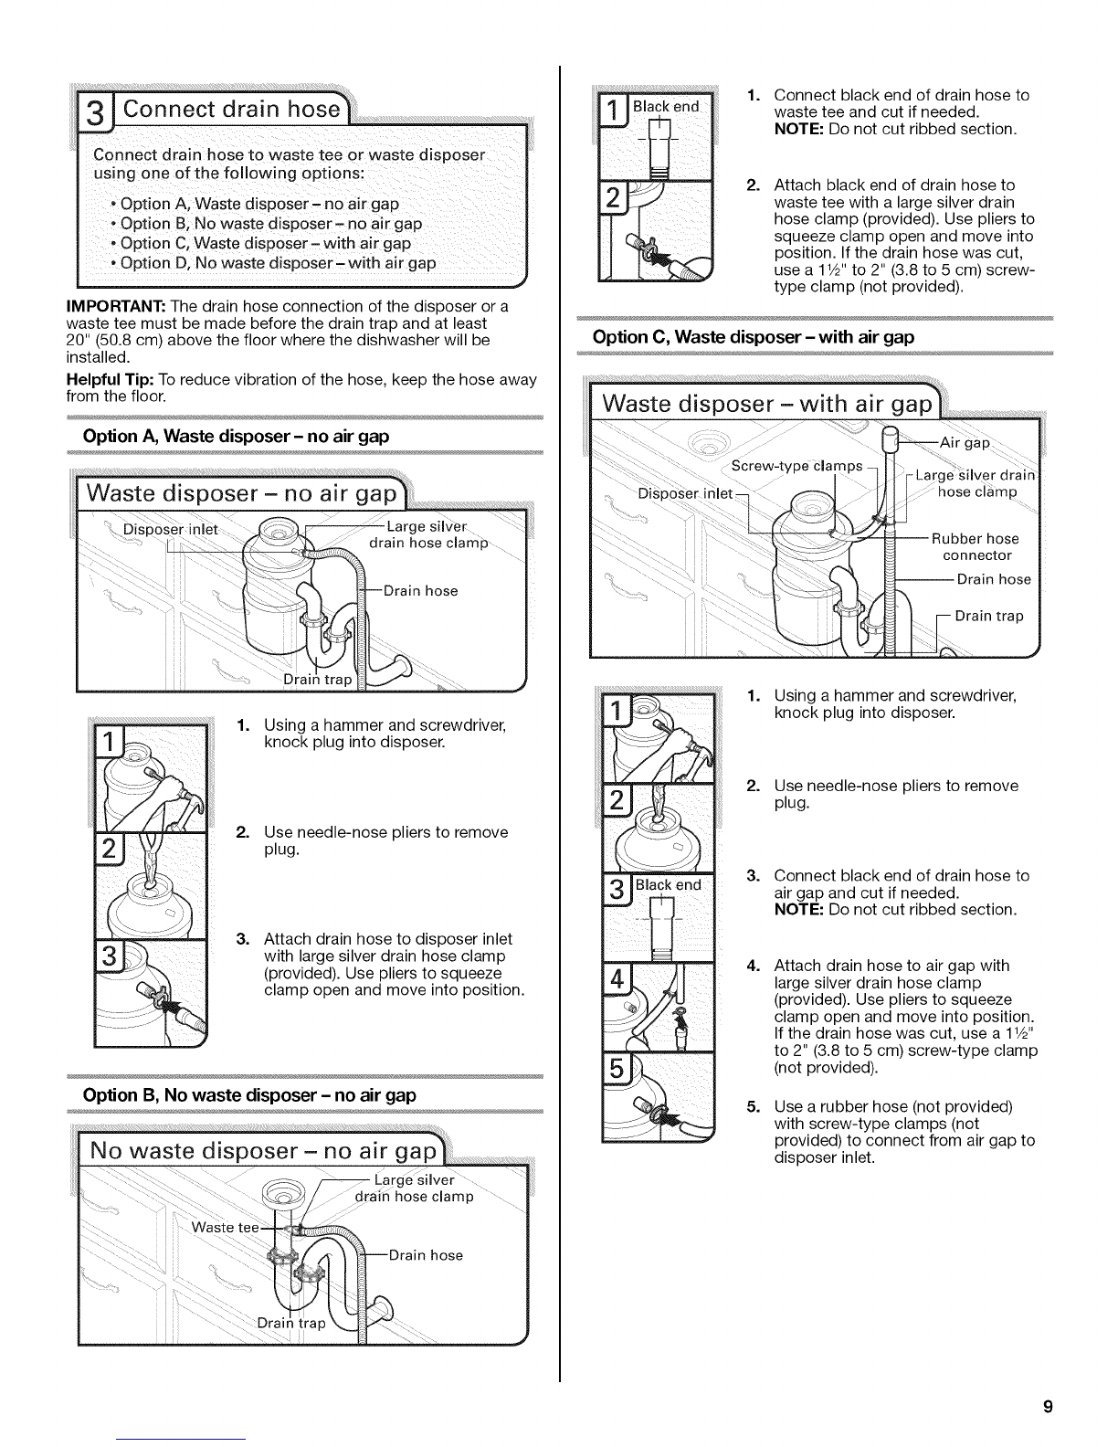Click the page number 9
coord(1048,1407)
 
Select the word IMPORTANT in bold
coord(116,306)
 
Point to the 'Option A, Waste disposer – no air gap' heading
coord(236,436)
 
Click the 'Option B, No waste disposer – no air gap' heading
coord(249,1095)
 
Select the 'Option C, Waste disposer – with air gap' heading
coord(754,337)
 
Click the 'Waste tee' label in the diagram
coord(225,1227)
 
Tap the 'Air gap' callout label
coord(965,443)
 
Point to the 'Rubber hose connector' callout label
coord(976,546)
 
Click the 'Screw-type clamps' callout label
coord(796,466)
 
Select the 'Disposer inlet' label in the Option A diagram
coord(171,530)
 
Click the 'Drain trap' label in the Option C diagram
coord(989,616)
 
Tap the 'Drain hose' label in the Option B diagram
coord(426,1255)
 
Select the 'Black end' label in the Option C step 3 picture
coord(668,885)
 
